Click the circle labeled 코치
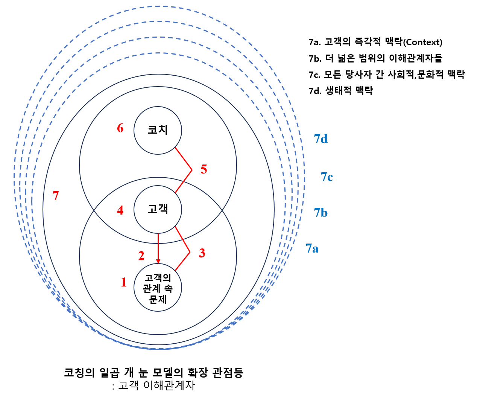tap(158, 130)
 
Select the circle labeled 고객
tap(158, 209)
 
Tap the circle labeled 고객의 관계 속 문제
tap(158, 288)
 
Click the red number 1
tap(124, 282)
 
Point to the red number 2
tap(141, 256)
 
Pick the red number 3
tap(202, 253)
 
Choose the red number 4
tap(120, 210)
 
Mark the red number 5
tap(204, 169)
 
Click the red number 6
tap(120, 128)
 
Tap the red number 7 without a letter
tap(56, 196)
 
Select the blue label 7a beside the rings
tap(312, 248)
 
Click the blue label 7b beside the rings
tap(321, 213)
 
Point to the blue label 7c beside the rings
tap(327, 177)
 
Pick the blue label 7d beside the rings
tap(321, 139)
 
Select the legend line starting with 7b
tap(375, 58)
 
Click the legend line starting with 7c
tap(387, 75)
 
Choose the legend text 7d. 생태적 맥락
tap(340, 91)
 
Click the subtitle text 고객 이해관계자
tap(156, 385)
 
